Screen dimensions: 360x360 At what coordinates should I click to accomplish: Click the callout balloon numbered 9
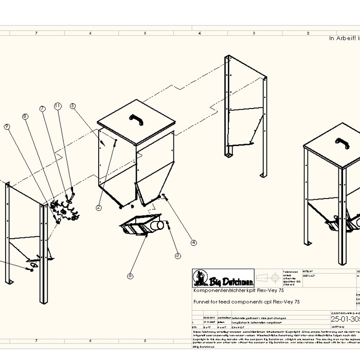7,126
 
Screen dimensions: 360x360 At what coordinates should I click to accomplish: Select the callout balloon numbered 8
25,117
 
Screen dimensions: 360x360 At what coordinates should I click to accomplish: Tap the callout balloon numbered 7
43,109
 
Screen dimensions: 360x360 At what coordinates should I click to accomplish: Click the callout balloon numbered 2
99,207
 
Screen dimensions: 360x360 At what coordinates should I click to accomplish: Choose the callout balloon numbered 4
194,243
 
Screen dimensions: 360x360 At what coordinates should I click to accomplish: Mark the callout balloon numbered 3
177,256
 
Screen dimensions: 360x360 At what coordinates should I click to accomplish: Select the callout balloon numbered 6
130,276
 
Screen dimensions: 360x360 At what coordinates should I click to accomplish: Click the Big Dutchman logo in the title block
223,279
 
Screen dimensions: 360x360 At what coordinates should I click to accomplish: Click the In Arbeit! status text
344,38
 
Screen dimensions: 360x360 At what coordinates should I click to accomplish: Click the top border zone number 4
200,33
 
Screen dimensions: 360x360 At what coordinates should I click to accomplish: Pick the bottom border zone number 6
91,341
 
